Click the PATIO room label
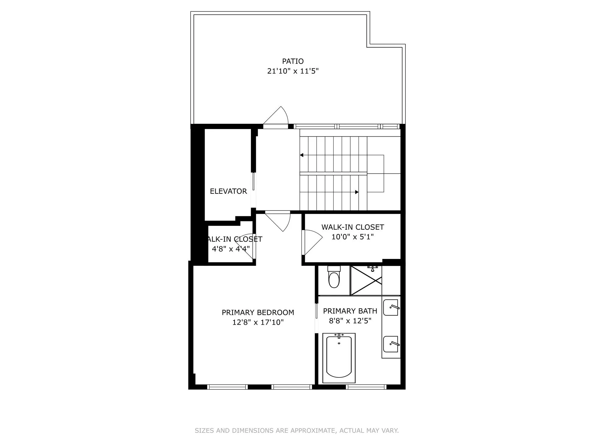[293, 61]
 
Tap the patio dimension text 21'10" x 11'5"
[293, 71]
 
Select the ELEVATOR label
[228, 191]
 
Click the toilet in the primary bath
[334, 278]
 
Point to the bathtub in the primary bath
[339, 358]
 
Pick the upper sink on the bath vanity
[391, 308]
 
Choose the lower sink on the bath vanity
[391, 344]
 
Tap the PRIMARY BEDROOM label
[258, 312]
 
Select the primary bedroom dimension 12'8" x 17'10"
[258, 322]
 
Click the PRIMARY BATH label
[350, 311]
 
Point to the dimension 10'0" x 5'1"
[352, 237]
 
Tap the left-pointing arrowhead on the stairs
[302, 155]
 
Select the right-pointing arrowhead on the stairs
[357, 192]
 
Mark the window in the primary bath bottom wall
[366, 387]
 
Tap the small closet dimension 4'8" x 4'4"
[231, 249]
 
